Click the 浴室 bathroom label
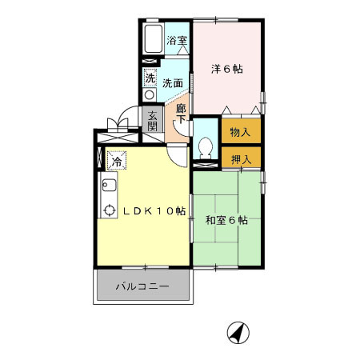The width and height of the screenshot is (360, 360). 177,39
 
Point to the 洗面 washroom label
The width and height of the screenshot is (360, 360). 173,82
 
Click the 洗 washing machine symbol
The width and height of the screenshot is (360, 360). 150,78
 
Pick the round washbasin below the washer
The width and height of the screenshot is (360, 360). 150,94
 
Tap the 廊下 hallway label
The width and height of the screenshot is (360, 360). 182,114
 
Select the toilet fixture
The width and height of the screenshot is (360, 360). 206,148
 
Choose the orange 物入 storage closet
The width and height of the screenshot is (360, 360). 241,131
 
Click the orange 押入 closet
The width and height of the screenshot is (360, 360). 241,158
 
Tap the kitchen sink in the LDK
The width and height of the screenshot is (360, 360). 109,188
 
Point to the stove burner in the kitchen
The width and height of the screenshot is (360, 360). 109,213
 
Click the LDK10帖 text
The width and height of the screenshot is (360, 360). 154,211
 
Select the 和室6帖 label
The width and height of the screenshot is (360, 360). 226,220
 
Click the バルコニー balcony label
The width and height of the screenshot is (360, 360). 141,285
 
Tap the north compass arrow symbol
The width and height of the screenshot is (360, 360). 238,331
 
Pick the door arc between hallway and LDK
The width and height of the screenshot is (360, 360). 177,152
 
